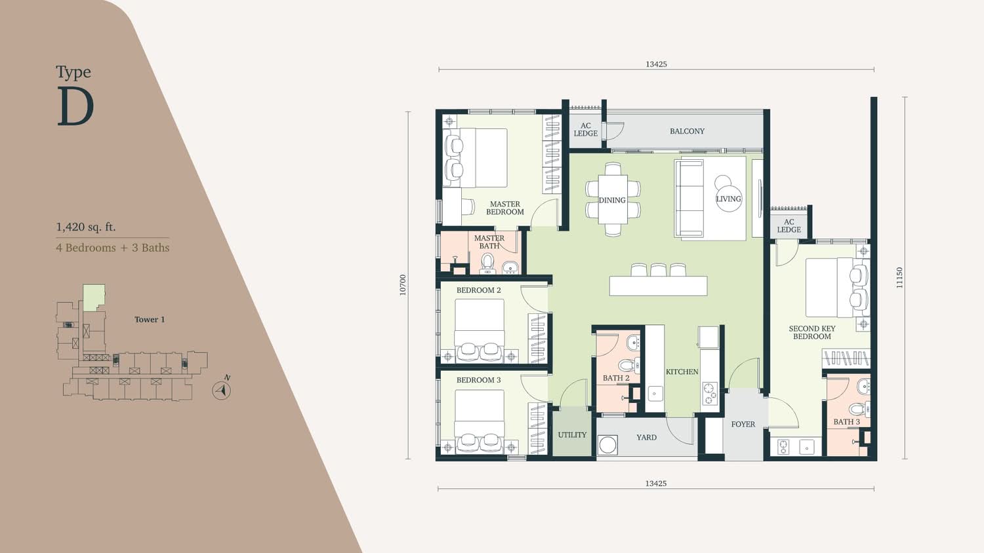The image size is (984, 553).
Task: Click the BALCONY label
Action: point(687,131)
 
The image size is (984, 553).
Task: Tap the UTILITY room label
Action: point(572,435)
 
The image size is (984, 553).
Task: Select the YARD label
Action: point(647,438)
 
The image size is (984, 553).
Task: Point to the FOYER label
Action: point(743,425)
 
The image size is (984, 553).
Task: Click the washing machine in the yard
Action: point(608,444)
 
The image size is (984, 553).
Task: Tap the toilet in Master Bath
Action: point(487,263)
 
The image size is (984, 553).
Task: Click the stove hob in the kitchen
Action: point(710,393)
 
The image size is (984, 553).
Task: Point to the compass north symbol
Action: point(222,390)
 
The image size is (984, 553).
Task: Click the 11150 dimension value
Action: point(899,278)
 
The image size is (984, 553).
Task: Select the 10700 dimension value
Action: point(403,285)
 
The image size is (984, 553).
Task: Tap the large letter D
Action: point(75,106)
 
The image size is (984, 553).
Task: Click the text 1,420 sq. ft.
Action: point(86,227)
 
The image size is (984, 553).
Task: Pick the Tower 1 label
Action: point(150,320)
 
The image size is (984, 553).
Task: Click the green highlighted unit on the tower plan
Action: point(94,297)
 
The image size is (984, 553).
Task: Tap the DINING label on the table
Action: point(612,200)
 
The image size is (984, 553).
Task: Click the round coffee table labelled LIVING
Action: point(729,199)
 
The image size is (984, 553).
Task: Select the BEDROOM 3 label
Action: point(478,380)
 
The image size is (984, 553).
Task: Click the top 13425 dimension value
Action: point(656,64)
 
